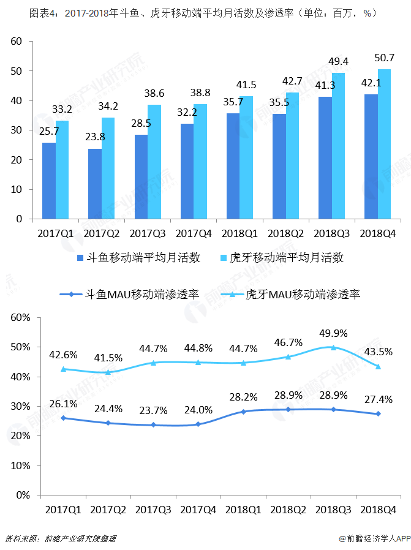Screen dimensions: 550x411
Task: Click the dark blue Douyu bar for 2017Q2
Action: (x=95, y=184)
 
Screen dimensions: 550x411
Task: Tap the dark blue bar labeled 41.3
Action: (x=325, y=158)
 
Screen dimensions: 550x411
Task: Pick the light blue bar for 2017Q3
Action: (x=154, y=162)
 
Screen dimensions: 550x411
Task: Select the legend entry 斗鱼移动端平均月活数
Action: (x=137, y=258)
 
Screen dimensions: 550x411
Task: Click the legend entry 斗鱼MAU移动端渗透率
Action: (x=134, y=295)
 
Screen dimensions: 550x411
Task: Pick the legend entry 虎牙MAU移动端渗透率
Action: (x=296, y=295)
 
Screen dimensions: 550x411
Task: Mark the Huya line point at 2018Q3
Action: (x=333, y=347)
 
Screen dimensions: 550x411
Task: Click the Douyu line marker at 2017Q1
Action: (x=63, y=418)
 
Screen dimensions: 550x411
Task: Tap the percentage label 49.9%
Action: (x=333, y=334)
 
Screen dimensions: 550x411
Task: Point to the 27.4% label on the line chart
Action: (x=379, y=399)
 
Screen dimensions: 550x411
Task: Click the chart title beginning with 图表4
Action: (x=202, y=12)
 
